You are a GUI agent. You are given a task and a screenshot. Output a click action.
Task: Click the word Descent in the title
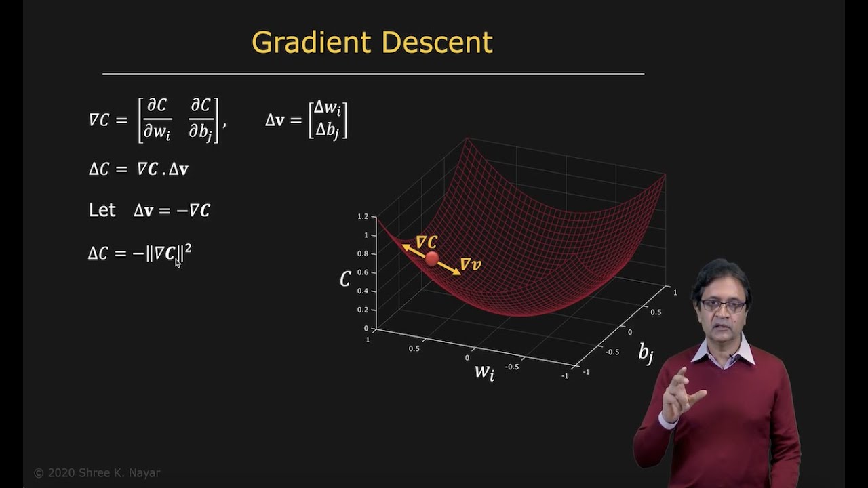437,43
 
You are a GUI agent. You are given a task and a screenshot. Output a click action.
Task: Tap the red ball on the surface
431,258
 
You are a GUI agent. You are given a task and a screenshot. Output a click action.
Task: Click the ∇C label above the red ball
427,242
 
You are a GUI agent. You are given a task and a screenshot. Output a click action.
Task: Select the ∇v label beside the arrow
470,264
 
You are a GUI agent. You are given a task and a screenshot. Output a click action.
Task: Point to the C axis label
345,279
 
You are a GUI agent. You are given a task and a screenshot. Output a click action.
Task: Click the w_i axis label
484,371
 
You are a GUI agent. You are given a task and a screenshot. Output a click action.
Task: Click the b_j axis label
646,352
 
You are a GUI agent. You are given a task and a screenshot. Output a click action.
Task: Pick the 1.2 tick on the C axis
363,216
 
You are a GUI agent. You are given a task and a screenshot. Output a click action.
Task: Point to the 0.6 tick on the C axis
363,272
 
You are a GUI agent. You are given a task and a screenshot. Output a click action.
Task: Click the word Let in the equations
102,210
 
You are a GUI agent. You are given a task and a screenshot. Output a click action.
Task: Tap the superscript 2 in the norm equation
188,249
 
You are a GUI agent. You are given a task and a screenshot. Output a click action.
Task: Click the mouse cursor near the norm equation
178,263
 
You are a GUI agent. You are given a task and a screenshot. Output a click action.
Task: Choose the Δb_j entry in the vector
328,129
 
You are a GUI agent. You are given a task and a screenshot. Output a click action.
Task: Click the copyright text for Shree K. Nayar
97,473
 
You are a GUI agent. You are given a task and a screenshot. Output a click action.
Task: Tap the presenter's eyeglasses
723,306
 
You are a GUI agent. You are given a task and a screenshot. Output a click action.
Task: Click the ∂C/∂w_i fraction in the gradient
157,119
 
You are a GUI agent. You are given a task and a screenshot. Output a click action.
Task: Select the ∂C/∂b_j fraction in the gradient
201,119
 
